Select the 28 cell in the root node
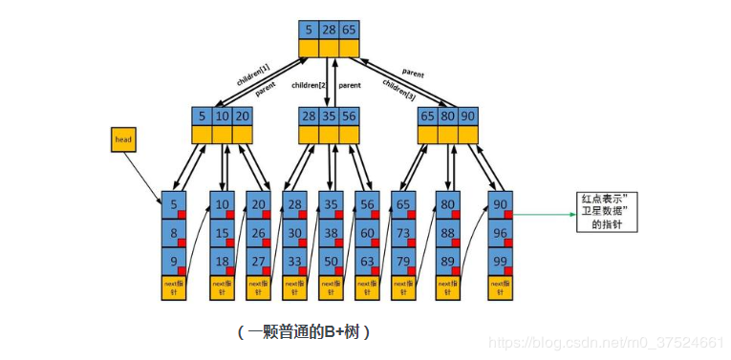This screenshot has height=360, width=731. pos(327,30)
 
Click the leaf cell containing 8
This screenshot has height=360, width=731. pos(173,233)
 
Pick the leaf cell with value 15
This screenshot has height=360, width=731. pos(223,233)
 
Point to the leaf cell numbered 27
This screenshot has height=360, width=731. pos(257,261)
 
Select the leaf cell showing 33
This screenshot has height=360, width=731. pos(293,261)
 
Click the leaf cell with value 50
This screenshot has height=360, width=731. pos(330,261)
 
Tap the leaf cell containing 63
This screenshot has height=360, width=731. pos(366,261)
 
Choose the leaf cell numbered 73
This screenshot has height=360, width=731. pos(402,233)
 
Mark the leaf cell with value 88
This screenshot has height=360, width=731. pos(448,233)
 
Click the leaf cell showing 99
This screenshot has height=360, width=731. pos(500,261)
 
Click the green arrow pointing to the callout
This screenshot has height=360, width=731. pos(545,214)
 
